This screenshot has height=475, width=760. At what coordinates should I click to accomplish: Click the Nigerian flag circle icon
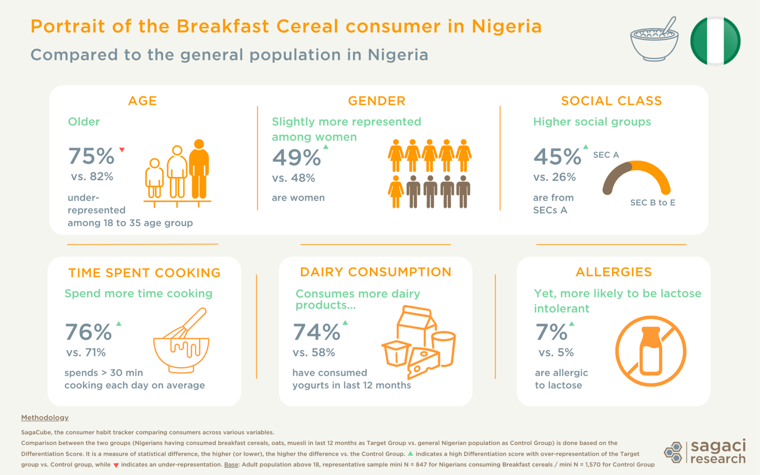(x=715, y=41)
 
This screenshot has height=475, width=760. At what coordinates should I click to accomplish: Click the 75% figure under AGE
(x=91, y=156)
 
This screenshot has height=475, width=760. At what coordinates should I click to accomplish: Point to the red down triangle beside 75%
(x=122, y=150)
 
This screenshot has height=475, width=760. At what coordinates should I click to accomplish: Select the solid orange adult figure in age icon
(x=199, y=169)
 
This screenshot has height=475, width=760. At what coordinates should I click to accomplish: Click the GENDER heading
(x=376, y=101)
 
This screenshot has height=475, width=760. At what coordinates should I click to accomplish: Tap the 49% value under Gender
(x=296, y=157)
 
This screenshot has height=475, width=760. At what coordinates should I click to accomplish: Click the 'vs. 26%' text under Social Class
(x=554, y=177)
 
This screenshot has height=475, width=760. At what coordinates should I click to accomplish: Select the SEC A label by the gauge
(x=606, y=155)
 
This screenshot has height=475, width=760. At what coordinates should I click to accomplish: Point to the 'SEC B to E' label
(x=652, y=203)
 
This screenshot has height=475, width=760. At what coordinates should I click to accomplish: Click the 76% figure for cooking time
(x=88, y=332)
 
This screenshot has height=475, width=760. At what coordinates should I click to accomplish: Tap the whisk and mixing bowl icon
(x=181, y=341)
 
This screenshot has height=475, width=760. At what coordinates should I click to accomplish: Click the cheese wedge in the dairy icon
(x=423, y=362)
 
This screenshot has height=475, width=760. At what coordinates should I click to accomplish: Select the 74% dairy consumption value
(x=316, y=332)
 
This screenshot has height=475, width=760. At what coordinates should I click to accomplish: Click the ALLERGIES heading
(x=613, y=272)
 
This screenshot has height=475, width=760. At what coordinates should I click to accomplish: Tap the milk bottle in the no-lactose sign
(x=651, y=351)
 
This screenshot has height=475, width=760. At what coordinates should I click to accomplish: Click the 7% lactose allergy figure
(x=551, y=332)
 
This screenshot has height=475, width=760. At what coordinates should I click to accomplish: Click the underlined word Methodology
(x=45, y=417)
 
